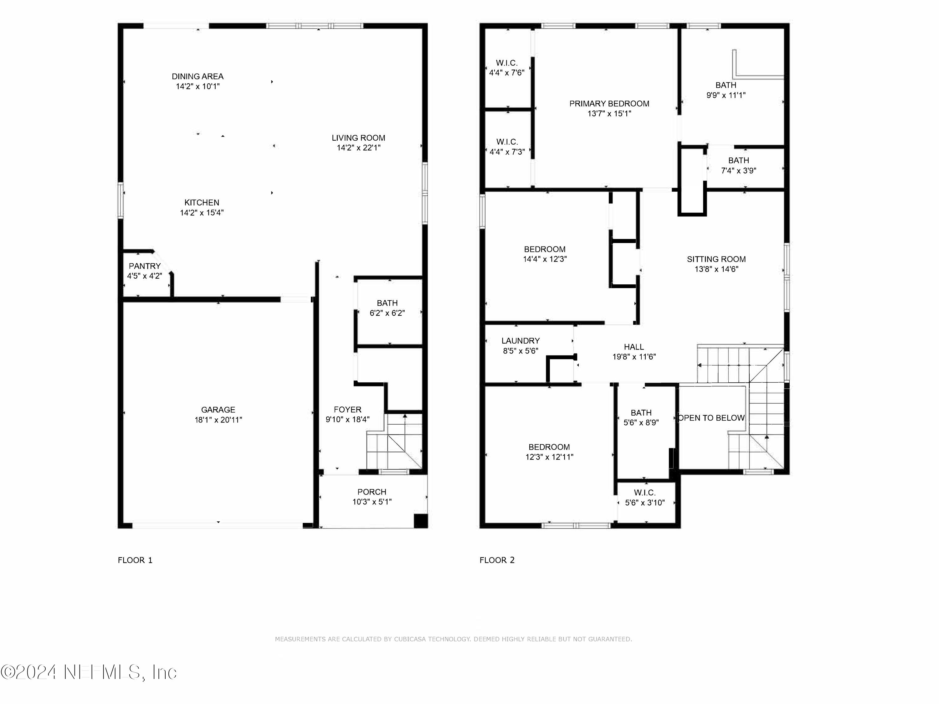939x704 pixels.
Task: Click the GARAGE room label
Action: click(x=218, y=410)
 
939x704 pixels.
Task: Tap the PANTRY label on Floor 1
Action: click(x=145, y=266)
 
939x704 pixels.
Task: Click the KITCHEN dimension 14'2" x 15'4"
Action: click(x=202, y=213)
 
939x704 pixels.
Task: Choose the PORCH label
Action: click(x=372, y=492)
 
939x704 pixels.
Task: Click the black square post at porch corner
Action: click(x=420, y=520)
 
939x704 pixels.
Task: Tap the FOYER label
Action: click(x=347, y=410)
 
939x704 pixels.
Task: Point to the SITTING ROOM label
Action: click(x=716, y=259)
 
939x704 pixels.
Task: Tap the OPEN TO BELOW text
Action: click(x=711, y=418)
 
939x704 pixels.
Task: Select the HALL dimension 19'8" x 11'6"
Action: click(x=634, y=357)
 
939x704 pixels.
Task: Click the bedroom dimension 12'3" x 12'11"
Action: click(x=549, y=457)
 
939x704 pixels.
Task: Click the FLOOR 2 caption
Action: click(x=497, y=560)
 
